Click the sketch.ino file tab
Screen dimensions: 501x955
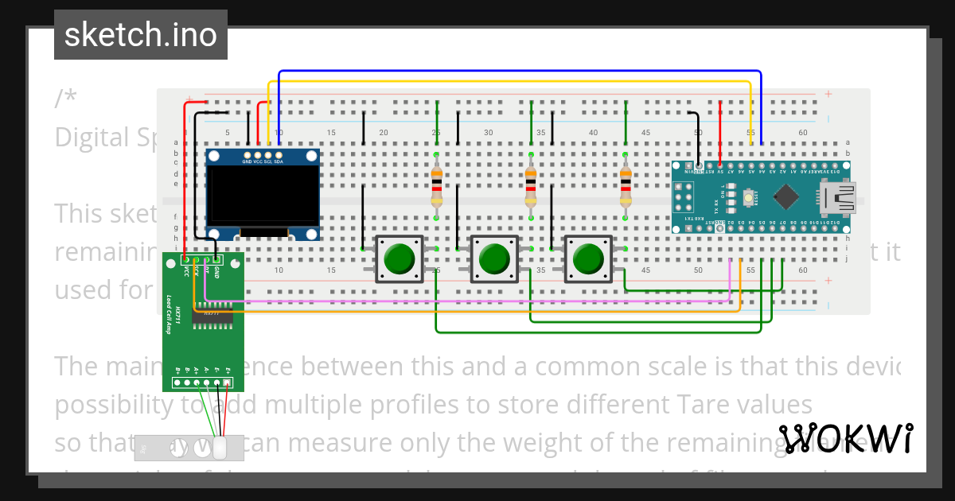pyautogui.click(x=140, y=35)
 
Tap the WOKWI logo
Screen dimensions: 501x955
pyautogui.click(x=844, y=438)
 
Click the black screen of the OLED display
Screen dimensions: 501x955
pyautogui.click(x=262, y=195)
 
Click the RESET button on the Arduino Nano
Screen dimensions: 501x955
pyautogui.click(x=749, y=196)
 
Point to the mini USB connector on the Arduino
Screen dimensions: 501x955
pyautogui.click(x=840, y=196)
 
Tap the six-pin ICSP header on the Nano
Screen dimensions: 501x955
pyautogui.click(x=683, y=196)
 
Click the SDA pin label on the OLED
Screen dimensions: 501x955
pyautogui.click(x=279, y=161)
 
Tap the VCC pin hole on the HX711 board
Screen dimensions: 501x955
pyautogui.click(x=185, y=259)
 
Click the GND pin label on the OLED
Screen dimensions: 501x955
pyautogui.click(x=248, y=161)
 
